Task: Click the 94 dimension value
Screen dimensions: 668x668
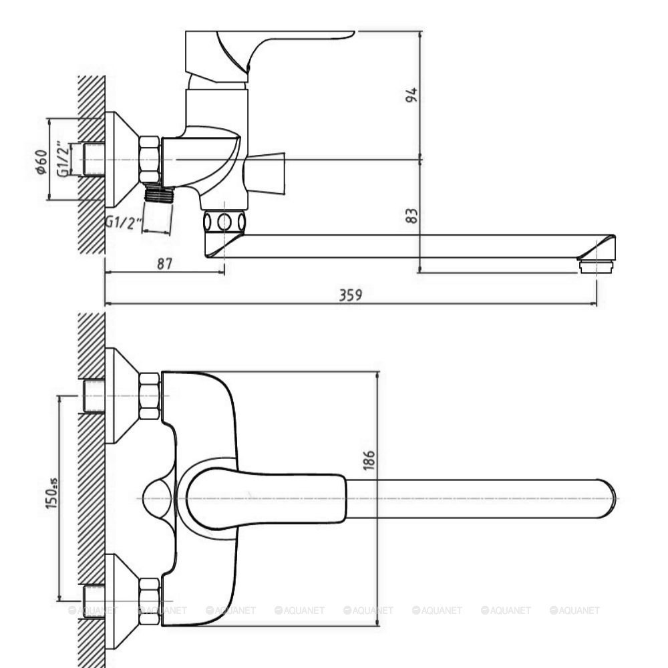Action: point(413,95)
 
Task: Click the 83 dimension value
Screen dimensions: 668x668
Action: point(412,216)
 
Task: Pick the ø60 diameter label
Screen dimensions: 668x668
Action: point(41,162)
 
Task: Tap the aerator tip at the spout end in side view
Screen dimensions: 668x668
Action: point(596,267)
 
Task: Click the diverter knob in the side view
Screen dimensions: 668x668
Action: point(266,172)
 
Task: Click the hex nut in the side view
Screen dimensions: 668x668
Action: point(150,160)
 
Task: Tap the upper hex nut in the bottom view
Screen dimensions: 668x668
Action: point(149,396)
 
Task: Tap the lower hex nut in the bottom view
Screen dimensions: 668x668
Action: point(149,602)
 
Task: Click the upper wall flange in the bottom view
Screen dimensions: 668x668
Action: point(120,395)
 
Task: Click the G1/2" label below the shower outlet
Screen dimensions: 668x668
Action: point(124,222)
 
